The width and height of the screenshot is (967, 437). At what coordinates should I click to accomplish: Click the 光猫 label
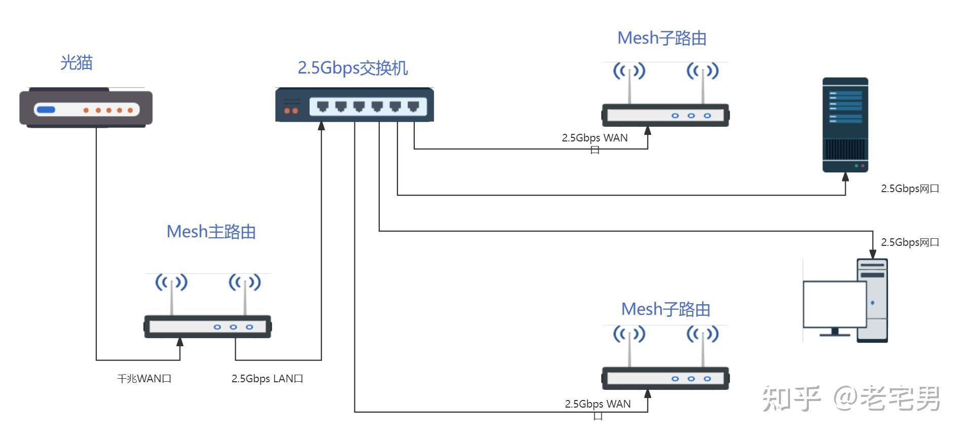(x=76, y=63)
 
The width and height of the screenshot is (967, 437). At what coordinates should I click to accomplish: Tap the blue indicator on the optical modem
(x=46, y=110)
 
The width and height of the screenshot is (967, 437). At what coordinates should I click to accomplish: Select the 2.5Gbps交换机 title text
(x=352, y=68)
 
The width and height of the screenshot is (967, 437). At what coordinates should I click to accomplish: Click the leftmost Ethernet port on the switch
(x=323, y=106)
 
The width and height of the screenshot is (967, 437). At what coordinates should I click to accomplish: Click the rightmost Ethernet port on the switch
(x=413, y=106)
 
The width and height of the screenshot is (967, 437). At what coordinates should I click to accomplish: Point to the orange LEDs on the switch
(x=291, y=111)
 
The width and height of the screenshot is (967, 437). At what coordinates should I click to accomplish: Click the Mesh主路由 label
(x=211, y=232)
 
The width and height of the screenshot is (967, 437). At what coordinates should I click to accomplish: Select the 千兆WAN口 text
(x=145, y=379)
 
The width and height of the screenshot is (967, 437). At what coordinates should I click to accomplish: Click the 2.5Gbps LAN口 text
(x=267, y=379)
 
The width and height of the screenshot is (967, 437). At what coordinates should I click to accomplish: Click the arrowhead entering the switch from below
(x=321, y=126)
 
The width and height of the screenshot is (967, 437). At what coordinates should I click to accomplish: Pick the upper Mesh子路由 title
(x=662, y=38)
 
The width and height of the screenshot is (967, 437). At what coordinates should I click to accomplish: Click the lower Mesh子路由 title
(x=665, y=309)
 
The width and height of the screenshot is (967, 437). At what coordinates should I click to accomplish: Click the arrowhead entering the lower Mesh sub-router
(x=648, y=394)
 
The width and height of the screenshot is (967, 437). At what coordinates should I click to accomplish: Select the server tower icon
(x=845, y=124)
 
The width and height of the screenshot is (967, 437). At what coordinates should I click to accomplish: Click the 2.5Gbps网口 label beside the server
(x=910, y=189)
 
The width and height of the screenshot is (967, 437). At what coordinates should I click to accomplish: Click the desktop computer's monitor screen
(x=834, y=304)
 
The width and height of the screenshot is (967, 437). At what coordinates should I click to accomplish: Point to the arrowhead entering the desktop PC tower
(x=873, y=254)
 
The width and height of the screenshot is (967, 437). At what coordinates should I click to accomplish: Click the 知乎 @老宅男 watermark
(x=851, y=398)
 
